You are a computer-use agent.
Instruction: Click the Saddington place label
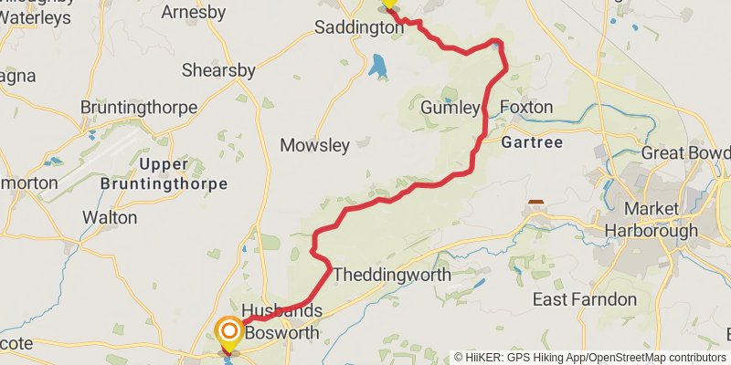click(x=358, y=27)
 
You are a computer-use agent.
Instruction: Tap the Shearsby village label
click(x=218, y=70)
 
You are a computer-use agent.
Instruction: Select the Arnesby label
click(x=193, y=12)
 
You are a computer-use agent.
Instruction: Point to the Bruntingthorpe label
click(x=139, y=108)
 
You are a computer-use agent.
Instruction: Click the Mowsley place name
click(x=315, y=145)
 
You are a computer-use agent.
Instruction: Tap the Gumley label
click(x=450, y=108)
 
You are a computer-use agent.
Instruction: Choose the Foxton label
click(x=527, y=108)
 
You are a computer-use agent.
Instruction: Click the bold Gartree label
click(x=531, y=142)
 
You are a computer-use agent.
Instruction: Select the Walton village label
click(x=110, y=218)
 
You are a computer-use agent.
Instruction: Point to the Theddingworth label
click(x=392, y=275)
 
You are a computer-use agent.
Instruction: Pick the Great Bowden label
click(x=685, y=152)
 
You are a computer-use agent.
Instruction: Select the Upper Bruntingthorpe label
click(x=171, y=174)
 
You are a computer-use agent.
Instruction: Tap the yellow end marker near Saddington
click(x=388, y=5)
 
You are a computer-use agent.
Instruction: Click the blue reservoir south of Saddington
click(x=377, y=66)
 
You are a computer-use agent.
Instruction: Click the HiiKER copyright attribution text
click(x=589, y=358)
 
